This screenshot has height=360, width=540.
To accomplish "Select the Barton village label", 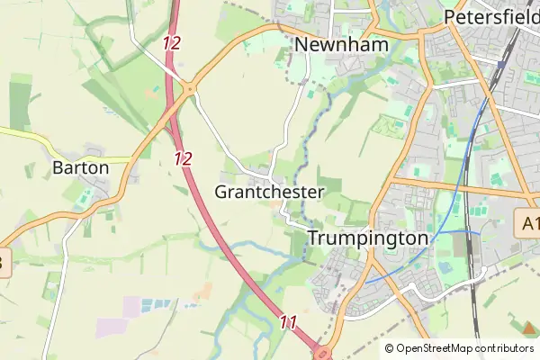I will coord(80,167).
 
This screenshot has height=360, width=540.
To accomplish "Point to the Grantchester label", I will coord(268,192).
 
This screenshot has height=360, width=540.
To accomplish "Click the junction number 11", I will coord(288,321).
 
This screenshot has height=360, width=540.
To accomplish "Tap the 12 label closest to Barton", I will coord(184,158).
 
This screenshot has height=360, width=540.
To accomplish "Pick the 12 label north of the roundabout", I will coord(173,42).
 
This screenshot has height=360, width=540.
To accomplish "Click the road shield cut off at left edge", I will coord(4,264).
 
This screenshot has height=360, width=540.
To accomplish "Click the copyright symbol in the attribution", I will coord(389,348).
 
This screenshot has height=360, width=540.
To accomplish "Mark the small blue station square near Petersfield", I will coord(499,65).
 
